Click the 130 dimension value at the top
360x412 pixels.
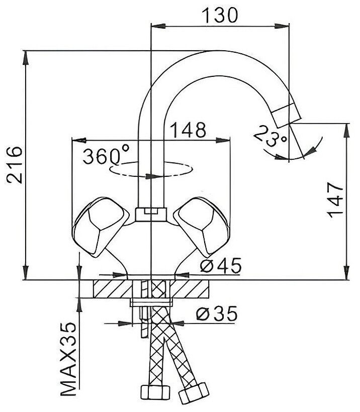pos(220,16)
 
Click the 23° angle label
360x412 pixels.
pos(269,136)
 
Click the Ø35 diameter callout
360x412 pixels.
pos(216,314)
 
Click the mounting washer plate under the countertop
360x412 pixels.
pos(151,302)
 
